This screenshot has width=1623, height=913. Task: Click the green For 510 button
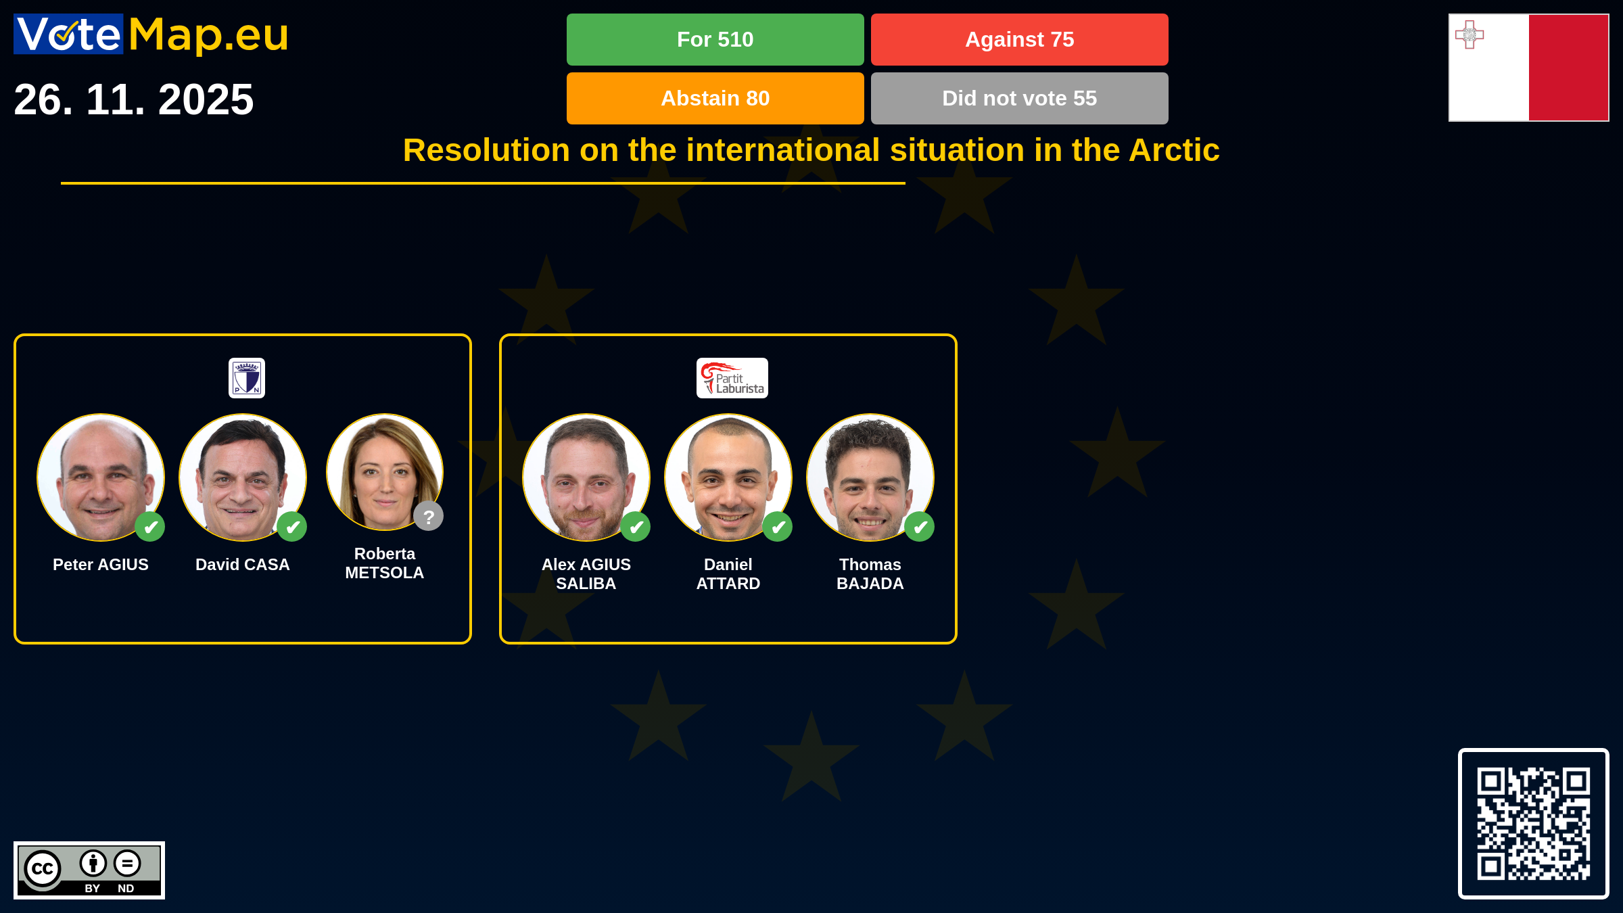pyautogui.click(x=715, y=39)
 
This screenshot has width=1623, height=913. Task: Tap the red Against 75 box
pyautogui.click(x=1019, y=39)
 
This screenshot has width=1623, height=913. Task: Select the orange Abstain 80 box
pyautogui.click(x=715, y=98)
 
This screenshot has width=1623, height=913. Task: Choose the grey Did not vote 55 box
pyautogui.click(x=1019, y=98)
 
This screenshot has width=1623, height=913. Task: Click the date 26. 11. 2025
pyautogui.click(x=133, y=99)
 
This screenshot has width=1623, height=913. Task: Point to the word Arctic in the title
pyautogui.click(x=1174, y=149)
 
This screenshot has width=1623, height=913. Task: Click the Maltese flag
pyautogui.click(x=1528, y=68)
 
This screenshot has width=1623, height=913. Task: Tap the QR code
pyautogui.click(x=1533, y=823)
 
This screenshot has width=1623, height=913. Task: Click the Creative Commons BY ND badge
pyautogui.click(x=89, y=870)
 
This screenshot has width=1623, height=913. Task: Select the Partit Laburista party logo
pyautogui.click(x=732, y=378)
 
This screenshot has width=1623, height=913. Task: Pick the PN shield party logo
pyautogui.click(x=247, y=378)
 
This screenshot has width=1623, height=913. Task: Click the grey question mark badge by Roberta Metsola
pyautogui.click(x=429, y=516)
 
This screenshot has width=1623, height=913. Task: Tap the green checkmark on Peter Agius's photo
pyautogui.click(x=150, y=527)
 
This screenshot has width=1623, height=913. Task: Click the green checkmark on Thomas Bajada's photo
pyautogui.click(x=920, y=527)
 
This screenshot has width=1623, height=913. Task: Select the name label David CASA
pyautogui.click(x=243, y=565)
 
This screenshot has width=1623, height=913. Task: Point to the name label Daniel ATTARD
pyautogui.click(x=728, y=574)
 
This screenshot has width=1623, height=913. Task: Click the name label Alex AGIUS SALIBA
pyautogui.click(x=586, y=574)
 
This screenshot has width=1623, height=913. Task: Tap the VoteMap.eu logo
pyautogui.click(x=151, y=34)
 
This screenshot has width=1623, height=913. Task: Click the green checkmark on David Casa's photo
pyautogui.click(x=292, y=527)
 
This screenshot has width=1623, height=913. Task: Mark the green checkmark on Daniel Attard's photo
pyautogui.click(x=778, y=527)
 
